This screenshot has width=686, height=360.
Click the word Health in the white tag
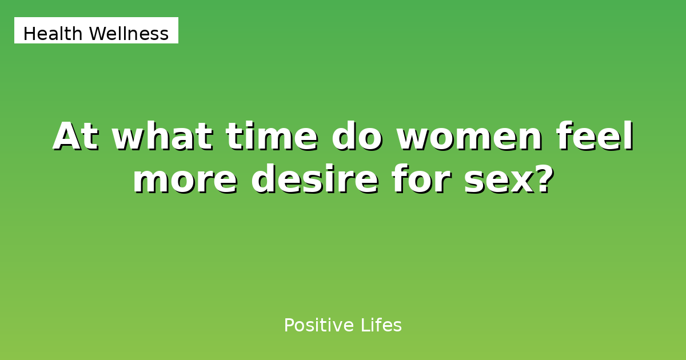pyautogui.click(x=53, y=34)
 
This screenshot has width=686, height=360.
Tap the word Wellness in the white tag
pyautogui.click(x=129, y=34)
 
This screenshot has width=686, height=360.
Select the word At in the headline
pyautogui.click(x=76, y=137)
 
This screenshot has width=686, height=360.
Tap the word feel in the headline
pyautogui.click(x=595, y=137)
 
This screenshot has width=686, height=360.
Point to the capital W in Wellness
pyautogui.click(x=97, y=34)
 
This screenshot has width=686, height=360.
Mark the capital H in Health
pyautogui.click(x=29, y=34)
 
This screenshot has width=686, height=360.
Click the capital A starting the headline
pyautogui.click(x=66, y=137)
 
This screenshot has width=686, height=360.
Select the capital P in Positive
pyautogui.click(x=289, y=326)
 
